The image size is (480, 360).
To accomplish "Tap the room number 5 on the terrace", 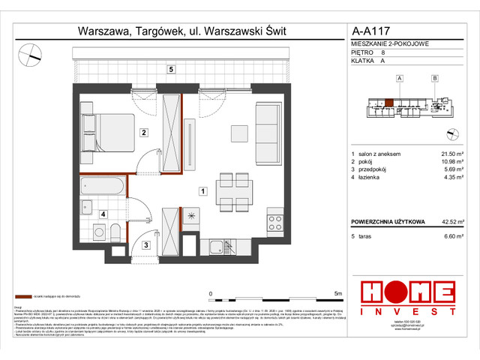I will coord(171,70).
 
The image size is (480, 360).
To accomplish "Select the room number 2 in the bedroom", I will coord(142,133).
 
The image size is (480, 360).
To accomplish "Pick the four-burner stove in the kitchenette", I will coord(275,223).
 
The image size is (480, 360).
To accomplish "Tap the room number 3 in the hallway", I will coord(145,244).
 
